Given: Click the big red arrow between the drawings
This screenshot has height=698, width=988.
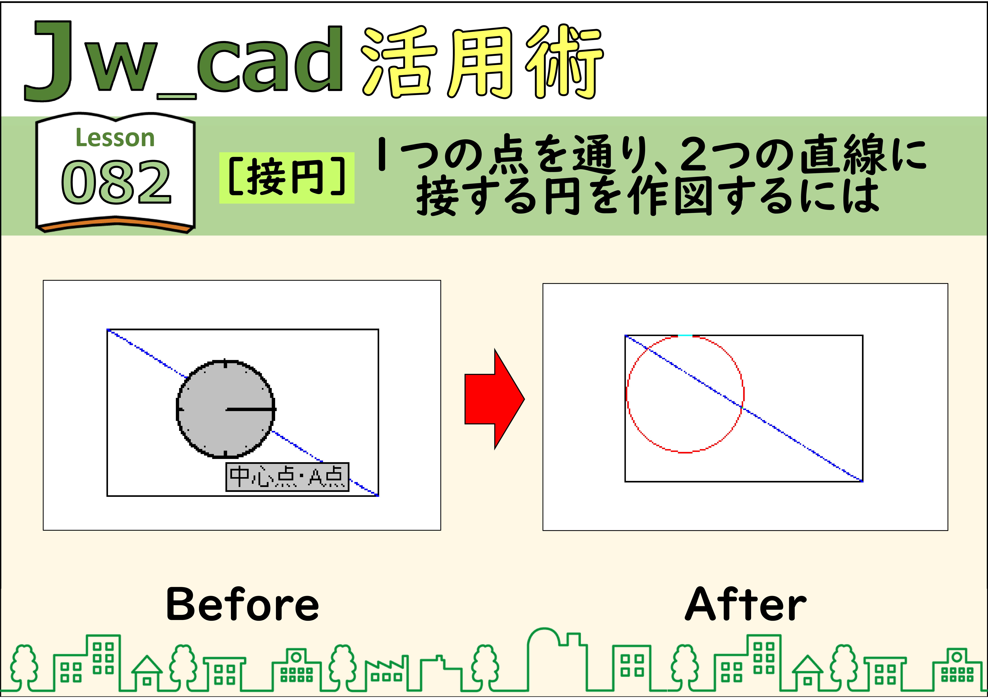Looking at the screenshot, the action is click(x=494, y=399).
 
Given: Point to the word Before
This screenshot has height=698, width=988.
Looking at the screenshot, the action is click(x=243, y=604).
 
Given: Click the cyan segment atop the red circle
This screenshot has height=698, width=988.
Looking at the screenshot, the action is click(x=685, y=335).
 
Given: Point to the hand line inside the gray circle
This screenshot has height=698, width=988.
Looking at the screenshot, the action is click(x=250, y=409).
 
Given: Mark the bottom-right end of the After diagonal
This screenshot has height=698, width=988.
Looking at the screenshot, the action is click(x=862, y=481).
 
